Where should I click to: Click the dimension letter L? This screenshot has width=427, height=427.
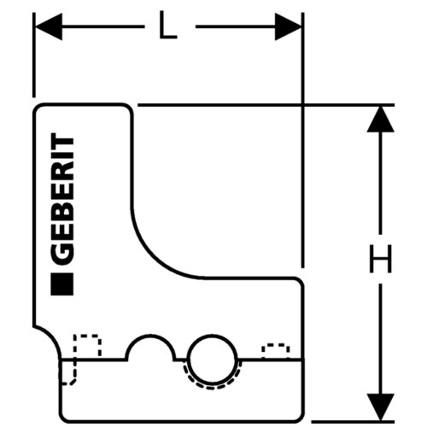click(x=168, y=25)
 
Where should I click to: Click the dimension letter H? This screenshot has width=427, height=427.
click(x=381, y=259)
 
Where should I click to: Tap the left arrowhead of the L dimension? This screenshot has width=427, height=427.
click(x=49, y=26)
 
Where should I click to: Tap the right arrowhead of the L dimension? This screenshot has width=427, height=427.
click(x=288, y=26)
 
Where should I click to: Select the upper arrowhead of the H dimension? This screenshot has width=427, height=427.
click(x=381, y=119)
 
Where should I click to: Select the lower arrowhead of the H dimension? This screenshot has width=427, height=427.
click(x=381, y=407)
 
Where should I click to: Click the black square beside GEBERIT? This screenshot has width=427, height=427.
click(x=61, y=284)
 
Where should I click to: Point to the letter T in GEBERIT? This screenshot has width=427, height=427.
click(x=61, y=142)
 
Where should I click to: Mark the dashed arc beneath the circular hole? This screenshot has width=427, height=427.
click(x=212, y=387)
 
